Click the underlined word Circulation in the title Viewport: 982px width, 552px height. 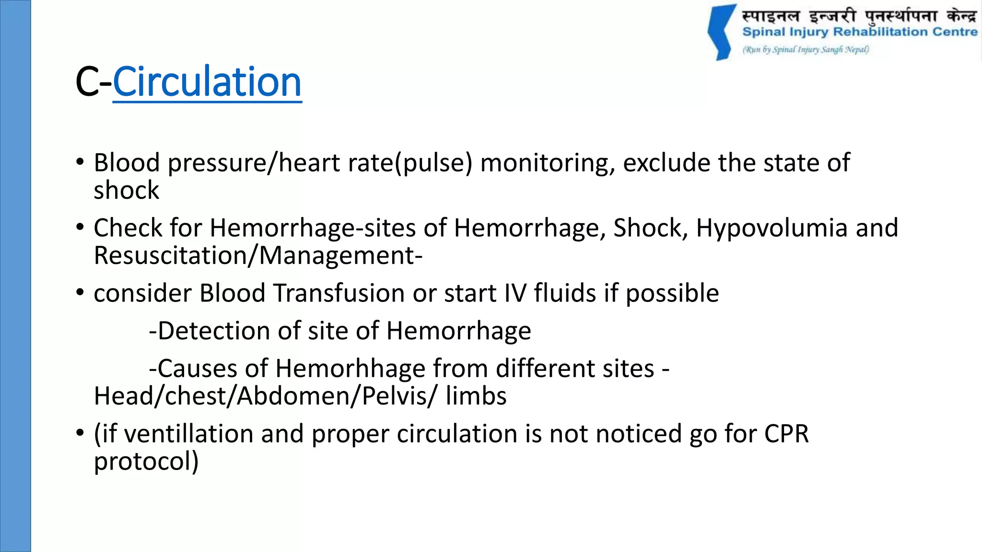[x=207, y=82]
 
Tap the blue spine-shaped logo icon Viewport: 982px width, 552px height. [x=722, y=33]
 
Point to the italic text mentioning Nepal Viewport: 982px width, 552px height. [x=806, y=49]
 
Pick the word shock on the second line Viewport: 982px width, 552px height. [x=126, y=190]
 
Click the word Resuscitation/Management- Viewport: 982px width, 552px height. [x=258, y=255]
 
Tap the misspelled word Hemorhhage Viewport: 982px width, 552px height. [x=351, y=368]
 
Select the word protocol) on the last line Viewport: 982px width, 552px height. [x=146, y=461]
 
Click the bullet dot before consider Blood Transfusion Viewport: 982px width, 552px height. [x=80, y=292]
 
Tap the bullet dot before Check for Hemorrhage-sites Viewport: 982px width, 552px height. [x=80, y=227]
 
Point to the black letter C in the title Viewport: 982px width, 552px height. [x=86, y=82]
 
